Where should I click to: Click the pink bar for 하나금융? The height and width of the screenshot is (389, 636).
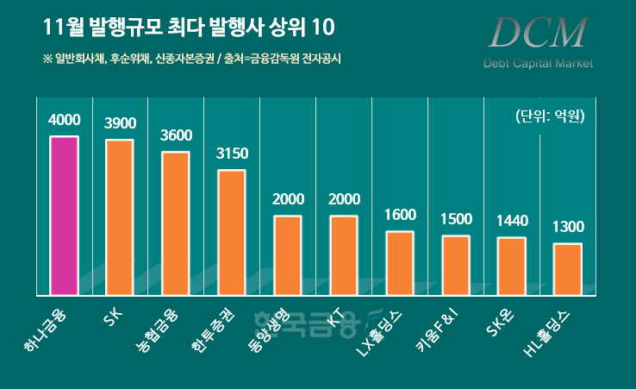click(64, 215)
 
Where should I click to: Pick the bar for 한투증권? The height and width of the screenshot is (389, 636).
click(231, 232)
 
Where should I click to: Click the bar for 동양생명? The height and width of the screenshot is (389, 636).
click(287, 254)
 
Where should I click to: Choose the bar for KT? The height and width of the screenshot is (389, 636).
click(343, 254)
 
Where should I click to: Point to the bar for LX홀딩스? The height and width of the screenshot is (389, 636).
click(399, 262)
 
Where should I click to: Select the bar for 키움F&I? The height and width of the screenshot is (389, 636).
click(455, 265)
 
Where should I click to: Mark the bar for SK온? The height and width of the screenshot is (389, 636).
click(511, 266)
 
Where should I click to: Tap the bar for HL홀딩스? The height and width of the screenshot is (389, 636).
click(567, 269)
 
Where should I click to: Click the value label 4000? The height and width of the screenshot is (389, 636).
click(64, 121)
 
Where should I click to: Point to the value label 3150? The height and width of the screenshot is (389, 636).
click(231, 154)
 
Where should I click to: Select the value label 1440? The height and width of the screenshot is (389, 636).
click(511, 222)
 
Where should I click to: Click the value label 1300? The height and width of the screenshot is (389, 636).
click(567, 228)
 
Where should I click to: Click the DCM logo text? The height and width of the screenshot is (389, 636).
click(535, 33)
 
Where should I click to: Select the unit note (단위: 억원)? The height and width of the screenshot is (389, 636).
click(550, 116)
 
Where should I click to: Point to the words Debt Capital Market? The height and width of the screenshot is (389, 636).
click(538, 63)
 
